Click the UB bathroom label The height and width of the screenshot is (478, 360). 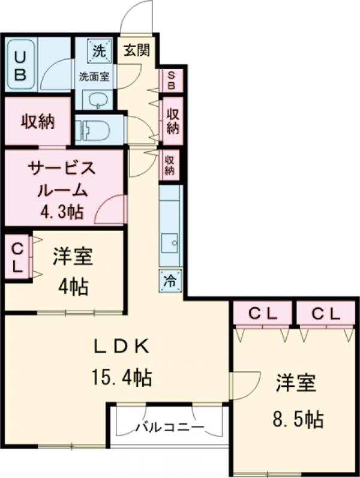click(20, 65)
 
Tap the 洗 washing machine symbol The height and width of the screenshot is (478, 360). click(98, 50)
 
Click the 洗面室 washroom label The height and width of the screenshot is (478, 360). click(94, 76)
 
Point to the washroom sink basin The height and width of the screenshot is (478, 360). click(95, 100)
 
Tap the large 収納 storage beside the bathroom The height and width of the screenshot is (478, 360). click(38, 122)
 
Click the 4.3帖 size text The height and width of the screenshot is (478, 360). click(62, 211)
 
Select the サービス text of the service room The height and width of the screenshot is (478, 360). click(62, 169)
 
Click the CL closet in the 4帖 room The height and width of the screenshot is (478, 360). click(17, 258)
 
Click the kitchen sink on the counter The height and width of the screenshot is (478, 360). click(171, 243)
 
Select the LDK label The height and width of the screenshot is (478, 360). click(120, 347)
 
